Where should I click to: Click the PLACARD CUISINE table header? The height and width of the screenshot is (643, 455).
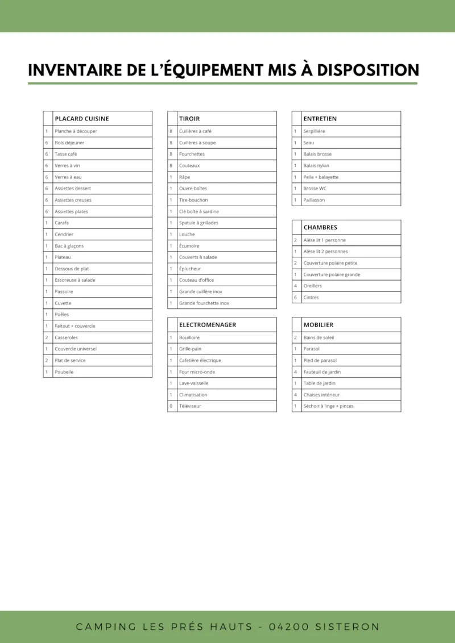(x=81, y=119)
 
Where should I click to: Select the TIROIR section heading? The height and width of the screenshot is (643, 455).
(x=189, y=119)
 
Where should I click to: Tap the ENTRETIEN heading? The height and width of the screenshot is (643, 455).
(x=320, y=119)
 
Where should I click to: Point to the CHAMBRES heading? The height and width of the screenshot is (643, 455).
(x=320, y=227)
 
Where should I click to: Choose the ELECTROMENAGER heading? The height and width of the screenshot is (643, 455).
(x=207, y=325)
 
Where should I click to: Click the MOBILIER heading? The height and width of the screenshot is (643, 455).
(x=318, y=325)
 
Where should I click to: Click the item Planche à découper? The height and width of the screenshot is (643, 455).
(x=76, y=131)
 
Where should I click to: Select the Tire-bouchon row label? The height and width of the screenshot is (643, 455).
(x=193, y=200)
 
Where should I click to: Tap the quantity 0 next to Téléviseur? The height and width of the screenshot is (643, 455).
(x=171, y=406)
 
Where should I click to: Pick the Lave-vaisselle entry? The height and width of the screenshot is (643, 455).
(x=193, y=383)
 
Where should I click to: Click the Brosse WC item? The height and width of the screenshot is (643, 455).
(x=315, y=189)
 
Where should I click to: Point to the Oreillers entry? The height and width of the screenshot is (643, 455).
(x=312, y=286)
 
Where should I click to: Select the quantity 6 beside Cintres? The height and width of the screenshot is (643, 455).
(x=295, y=298)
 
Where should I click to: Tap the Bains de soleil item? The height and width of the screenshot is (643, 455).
(x=318, y=337)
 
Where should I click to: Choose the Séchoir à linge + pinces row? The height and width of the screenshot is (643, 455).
(x=328, y=406)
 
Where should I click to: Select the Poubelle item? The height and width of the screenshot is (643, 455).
(x=64, y=372)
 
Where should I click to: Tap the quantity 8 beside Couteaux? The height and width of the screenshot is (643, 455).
(x=171, y=166)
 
